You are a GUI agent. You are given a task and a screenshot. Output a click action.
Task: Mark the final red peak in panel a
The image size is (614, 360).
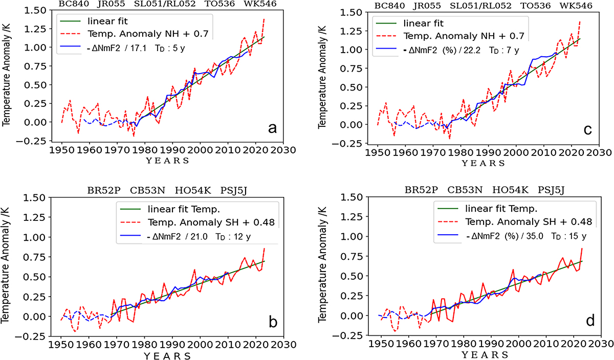[x=264, y=19]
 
